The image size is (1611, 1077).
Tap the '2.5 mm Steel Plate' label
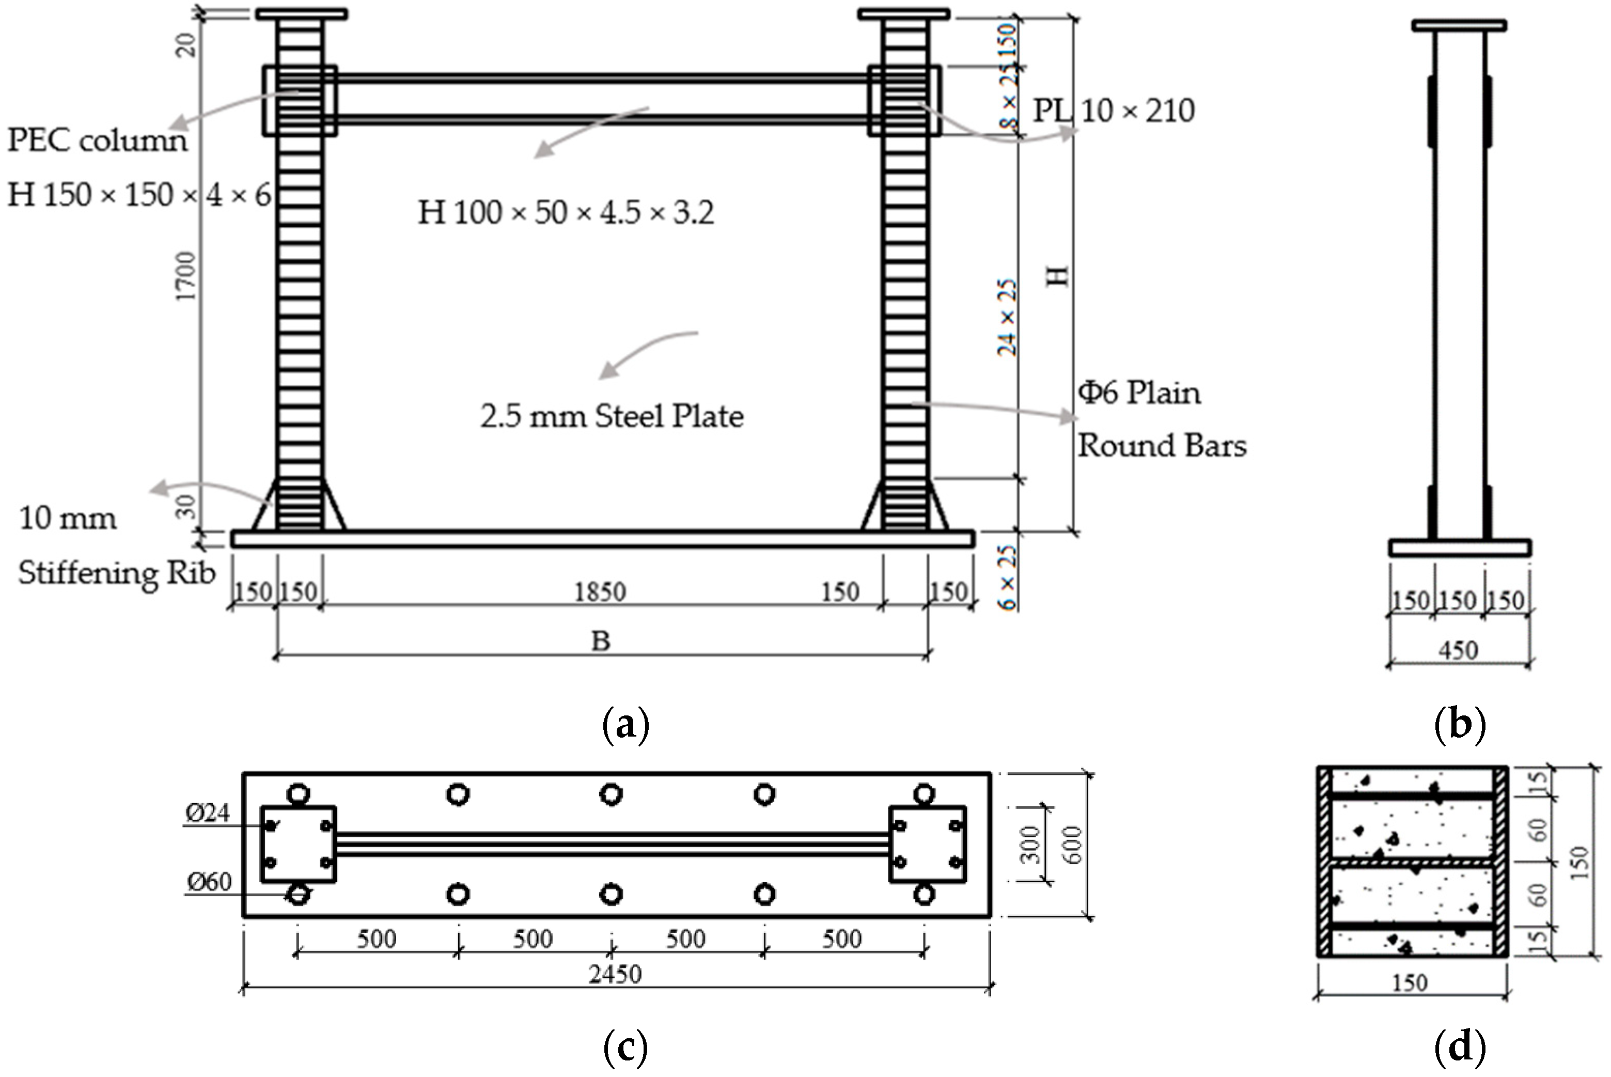tap(611, 417)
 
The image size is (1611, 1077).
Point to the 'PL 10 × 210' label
tap(1113, 111)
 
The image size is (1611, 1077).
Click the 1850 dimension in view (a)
tap(600, 592)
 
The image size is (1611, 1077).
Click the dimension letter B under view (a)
tap(600, 642)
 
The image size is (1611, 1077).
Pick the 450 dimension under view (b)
tap(1457, 650)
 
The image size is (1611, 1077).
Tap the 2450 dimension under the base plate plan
tap(615, 974)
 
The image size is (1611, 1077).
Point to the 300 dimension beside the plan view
tap(1031, 844)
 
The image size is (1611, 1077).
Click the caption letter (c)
tap(625, 1048)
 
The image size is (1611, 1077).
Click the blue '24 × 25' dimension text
tap(1007, 317)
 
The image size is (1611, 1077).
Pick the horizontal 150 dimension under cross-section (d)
tap(1409, 984)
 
